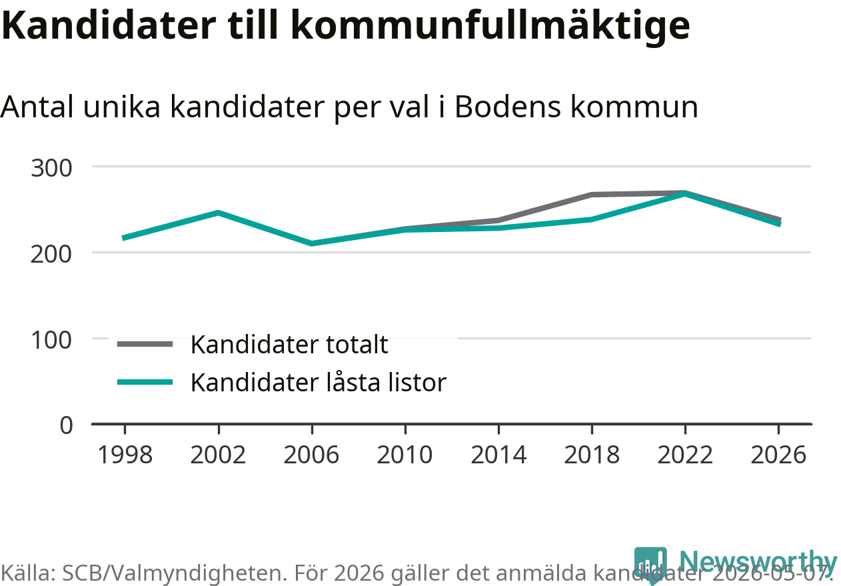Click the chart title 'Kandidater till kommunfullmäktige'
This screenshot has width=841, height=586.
coord(345,26)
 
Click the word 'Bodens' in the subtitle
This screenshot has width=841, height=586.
coord(508,107)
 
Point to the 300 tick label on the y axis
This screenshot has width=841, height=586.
coord(51,168)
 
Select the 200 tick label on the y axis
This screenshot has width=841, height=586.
coord(51,254)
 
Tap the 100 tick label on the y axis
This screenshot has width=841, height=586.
coord(51,340)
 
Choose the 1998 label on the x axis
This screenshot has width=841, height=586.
coord(125,455)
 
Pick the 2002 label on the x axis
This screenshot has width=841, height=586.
coord(218,455)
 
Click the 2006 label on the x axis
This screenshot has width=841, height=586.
coord(311,455)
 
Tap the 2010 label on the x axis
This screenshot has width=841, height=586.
coord(405,455)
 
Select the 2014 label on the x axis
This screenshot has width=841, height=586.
coord(498,455)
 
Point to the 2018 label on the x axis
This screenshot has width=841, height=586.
coord(592,455)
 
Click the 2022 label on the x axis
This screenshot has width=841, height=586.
coord(685,455)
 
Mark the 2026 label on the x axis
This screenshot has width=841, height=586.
coord(778,455)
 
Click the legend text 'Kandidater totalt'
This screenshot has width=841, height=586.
coord(289,344)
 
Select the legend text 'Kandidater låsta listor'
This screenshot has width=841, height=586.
coord(319,383)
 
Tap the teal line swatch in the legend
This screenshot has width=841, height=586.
coord(145,383)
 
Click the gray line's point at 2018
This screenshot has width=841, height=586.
coord(592,195)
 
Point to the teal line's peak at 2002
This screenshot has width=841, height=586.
coord(218,213)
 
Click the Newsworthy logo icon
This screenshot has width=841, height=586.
coord(650,563)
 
